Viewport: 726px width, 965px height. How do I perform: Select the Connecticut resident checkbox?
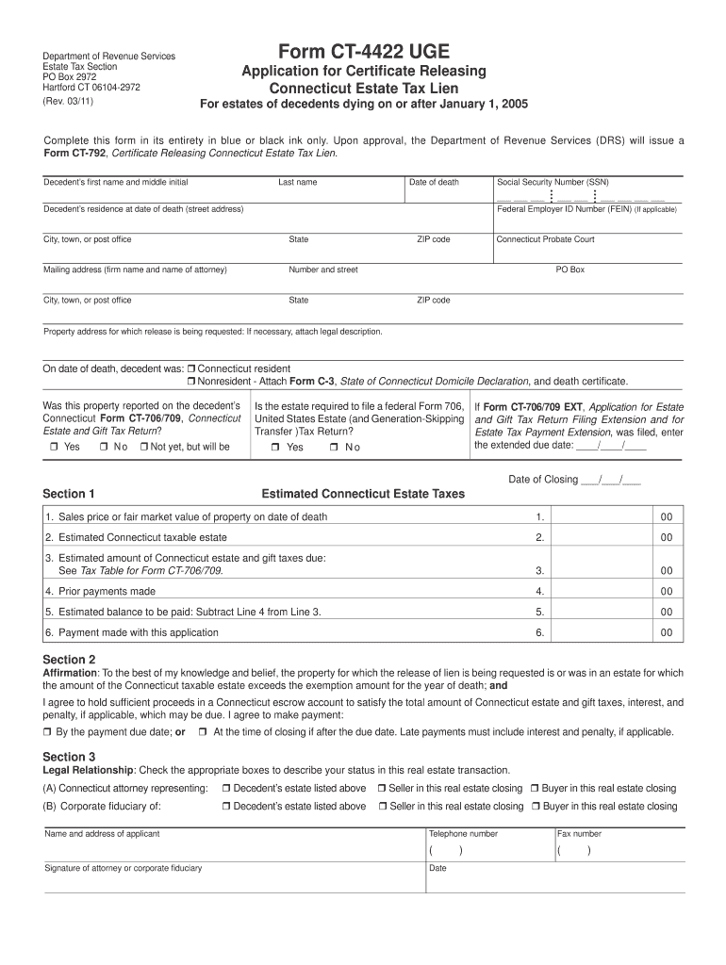pyautogui.click(x=190, y=368)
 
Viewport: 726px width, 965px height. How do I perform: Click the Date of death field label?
pyautogui.click(x=434, y=182)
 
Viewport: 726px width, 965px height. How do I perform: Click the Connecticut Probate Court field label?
pyautogui.click(x=546, y=239)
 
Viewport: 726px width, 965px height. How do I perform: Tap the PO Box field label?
pyautogui.click(x=570, y=270)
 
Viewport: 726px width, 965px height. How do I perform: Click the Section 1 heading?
pyautogui.click(x=69, y=494)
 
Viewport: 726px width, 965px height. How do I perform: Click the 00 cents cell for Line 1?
pyautogui.click(x=666, y=517)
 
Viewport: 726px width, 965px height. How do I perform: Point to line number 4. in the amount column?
pyautogui.click(x=539, y=592)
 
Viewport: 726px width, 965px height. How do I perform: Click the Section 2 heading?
pyautogui.click(x=69, y=660)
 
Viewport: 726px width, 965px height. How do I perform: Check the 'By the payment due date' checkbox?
pyautogui.click(x=48, y=732)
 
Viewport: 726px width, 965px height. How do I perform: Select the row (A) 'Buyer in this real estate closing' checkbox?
pyautogui.click(x=535, y=789)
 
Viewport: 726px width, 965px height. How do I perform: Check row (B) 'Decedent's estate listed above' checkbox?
pyautogui.click(x=226, y=807)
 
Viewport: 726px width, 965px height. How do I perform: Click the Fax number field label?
pyautogui.click(x=580, y=834)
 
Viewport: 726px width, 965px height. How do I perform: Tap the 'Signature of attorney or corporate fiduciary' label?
pyautogui.click(x=123, y=868)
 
